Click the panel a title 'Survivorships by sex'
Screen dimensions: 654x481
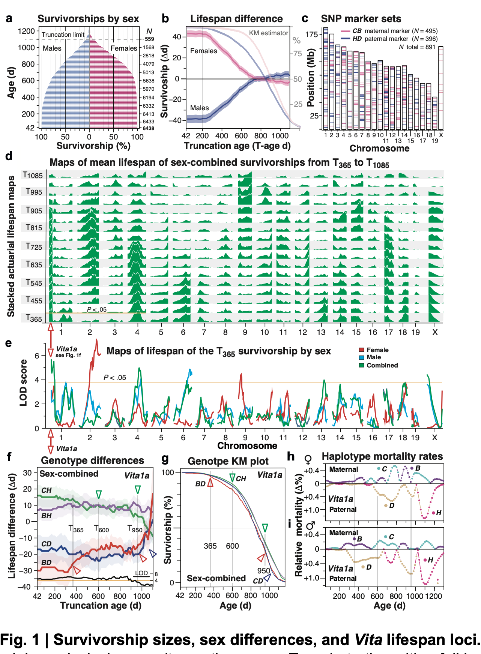click(88, 19)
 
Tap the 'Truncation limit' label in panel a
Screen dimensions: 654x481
click(63, 34)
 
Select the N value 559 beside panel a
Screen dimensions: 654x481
click(149, 39)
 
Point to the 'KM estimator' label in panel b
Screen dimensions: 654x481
click(269, 33)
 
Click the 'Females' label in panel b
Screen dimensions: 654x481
click(203, 51)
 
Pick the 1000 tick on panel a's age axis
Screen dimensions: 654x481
click(26, 48)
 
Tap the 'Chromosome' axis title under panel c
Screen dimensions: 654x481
click(379, 148)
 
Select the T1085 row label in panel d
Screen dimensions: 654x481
click(33, 175)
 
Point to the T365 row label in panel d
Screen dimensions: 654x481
click(33, 318)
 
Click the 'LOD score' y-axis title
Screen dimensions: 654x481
click(23, 382)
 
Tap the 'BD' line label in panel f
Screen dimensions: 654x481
click(47, 562)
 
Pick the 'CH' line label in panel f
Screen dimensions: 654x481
click(47, 490)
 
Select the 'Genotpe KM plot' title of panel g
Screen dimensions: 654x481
click(228, 461)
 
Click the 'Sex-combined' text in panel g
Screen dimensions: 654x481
click(216, 578)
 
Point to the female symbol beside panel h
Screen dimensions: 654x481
click(308, 459)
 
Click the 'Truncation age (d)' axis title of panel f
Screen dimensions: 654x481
click(101, 605)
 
